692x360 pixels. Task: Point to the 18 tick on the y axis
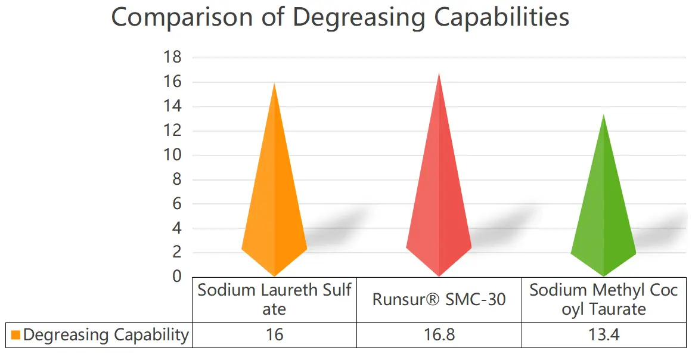173,58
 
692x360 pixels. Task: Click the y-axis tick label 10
173,155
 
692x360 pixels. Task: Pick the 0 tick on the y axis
177,277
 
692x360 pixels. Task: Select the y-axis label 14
173,107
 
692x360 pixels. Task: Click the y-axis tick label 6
177,204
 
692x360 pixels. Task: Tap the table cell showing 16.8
439,335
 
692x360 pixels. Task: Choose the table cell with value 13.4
604,335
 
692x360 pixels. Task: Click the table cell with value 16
274,335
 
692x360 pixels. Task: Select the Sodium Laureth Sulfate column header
274,300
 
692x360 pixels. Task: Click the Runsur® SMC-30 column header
439,300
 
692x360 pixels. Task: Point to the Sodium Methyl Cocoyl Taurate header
604,300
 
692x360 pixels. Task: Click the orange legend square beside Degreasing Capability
15,335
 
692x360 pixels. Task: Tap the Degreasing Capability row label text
105,335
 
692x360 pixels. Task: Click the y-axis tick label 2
177,253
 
